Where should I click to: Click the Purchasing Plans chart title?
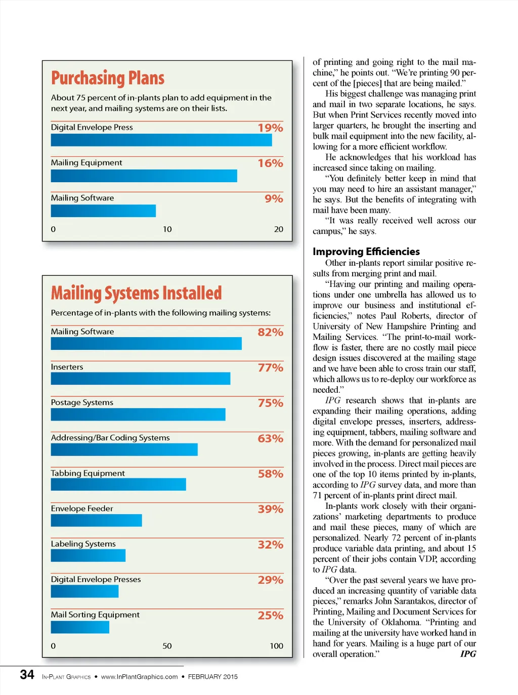point(108,78)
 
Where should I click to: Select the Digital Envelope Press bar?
point(161,140)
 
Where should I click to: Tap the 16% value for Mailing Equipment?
point(270,163)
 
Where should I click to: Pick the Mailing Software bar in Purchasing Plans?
point(103,211)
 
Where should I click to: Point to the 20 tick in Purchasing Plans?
point(278,229)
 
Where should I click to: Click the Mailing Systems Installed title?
point(136,294)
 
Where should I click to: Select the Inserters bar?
point(141,379)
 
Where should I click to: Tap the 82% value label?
point(270,333)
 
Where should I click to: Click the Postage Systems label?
point(82,402)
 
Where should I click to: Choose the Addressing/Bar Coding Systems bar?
point(124,449)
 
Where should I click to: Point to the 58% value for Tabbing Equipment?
point(270,474)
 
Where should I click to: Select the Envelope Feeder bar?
point(96,520)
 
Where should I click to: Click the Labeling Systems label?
point(83,544)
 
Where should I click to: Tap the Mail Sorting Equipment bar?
point(80,627)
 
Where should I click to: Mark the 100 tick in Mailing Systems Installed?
point(276,646)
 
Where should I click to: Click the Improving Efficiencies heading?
point(366,252)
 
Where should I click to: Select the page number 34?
point(27,675)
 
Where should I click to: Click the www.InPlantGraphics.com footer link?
point(139,677)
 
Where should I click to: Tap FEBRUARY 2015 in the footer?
point(212,677)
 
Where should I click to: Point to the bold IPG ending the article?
point(468,654)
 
